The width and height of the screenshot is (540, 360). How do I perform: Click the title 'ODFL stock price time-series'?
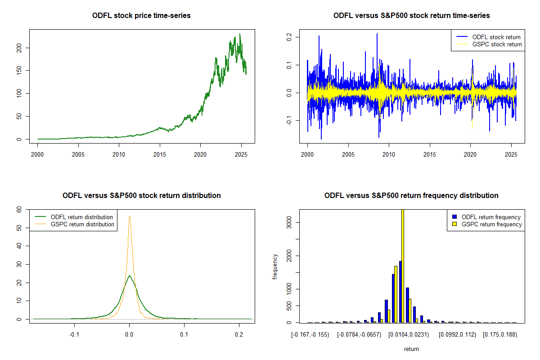click(141, 16)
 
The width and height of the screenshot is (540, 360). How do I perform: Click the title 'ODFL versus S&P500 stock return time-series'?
click(411, 16)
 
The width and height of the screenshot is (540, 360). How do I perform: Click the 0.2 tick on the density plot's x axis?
click(239, 335)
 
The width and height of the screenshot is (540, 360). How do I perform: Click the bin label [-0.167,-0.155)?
click(310, 335)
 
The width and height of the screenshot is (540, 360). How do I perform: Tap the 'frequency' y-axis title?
click(275, 266)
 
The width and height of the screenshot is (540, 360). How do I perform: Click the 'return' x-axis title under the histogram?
click(411, 349)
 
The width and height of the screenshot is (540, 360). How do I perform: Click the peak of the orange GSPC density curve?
click(130, 216)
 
